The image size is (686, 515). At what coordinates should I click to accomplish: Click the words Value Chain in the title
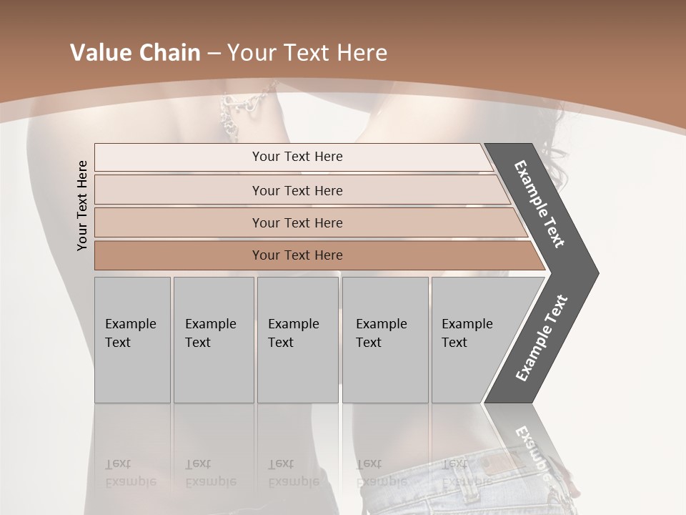click(135, 53)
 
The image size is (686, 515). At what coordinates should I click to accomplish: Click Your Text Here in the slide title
click(307, 53)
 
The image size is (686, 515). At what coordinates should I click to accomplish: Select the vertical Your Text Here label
click(82, 205)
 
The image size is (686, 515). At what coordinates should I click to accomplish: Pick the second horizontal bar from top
click(297, 190)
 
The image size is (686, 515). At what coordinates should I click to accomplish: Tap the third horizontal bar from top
click(297, 222)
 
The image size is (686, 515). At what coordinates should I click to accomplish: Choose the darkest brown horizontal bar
click(297, 255)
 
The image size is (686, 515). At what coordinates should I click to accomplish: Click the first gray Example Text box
click(132, 340)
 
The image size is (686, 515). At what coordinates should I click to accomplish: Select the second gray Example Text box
click(213, 340)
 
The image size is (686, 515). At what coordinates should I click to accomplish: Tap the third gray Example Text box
click(297, 340)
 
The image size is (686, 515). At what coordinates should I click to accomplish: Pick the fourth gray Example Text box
click(384, 340)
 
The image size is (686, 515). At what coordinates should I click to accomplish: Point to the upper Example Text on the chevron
click(540, 204)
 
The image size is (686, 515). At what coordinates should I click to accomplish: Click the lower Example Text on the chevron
click(542, 338)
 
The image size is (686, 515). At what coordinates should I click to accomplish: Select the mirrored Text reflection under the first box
click(118, 463)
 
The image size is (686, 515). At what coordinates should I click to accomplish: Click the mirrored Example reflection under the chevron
click(532, 447)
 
